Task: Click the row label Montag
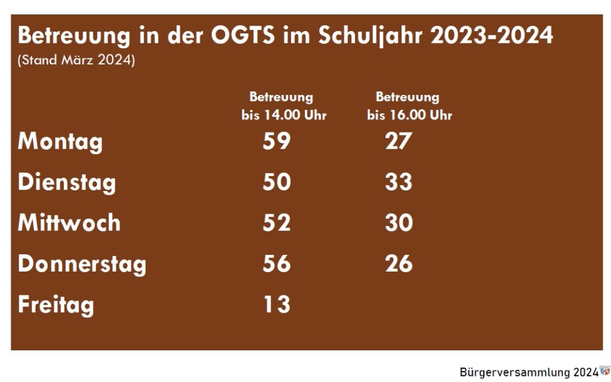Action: coord(60,143)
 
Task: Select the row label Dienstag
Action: coord(67,182)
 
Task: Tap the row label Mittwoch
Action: coord(69,223)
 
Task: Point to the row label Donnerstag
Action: coord(82,264)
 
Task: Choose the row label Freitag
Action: coord(56,305)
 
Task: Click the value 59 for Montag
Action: coord(277,141)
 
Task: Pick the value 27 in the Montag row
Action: coord(398,141)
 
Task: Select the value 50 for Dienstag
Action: coord(277,182)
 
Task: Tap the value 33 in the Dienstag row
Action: coord(398,182)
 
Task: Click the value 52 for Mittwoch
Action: coord(277,223)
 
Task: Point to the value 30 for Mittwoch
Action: coord(398,223)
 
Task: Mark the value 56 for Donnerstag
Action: coord(277,263)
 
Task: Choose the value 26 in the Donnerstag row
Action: coord(398,263)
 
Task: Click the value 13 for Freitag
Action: coord(277,304)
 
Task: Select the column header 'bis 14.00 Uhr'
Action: coord(284,115)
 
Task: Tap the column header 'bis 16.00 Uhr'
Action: coord(409,115)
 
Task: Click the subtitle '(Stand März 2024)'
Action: coord(76,61)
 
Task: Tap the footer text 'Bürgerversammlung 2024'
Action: coord(529,372)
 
